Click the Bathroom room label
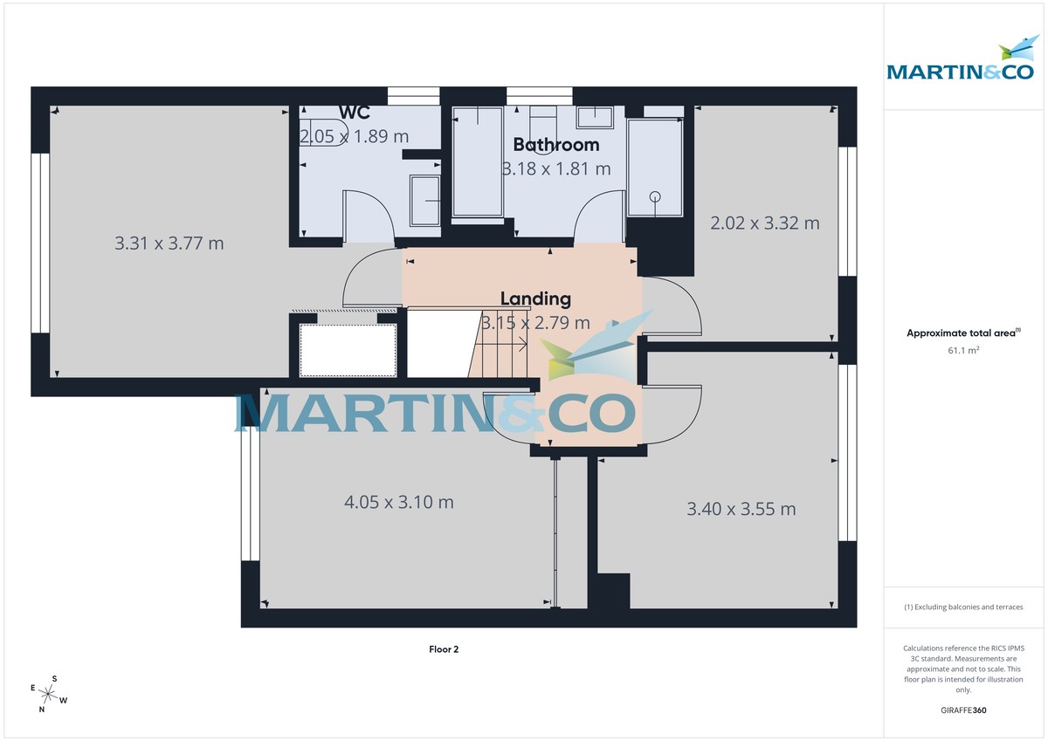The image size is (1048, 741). click(x=556, y=145)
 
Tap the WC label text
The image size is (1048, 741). click(x=354, y=113)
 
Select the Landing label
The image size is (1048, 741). click(x=535, y=298)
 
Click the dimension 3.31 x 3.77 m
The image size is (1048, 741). click(x=169, y=244)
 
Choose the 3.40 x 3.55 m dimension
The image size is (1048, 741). click(x=741, y=509)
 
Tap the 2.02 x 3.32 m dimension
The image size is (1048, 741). click(x=765, y=223)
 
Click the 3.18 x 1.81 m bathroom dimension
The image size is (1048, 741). click(x=556, y=168)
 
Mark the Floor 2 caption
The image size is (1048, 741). click(x=444, y=649)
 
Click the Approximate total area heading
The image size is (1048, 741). click(x=962, y=333)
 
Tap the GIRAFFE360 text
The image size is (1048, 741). click(x=964, y=710)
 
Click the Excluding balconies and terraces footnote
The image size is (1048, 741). click(x=964, y=607)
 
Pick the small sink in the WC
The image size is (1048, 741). click(x=425, y=200)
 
